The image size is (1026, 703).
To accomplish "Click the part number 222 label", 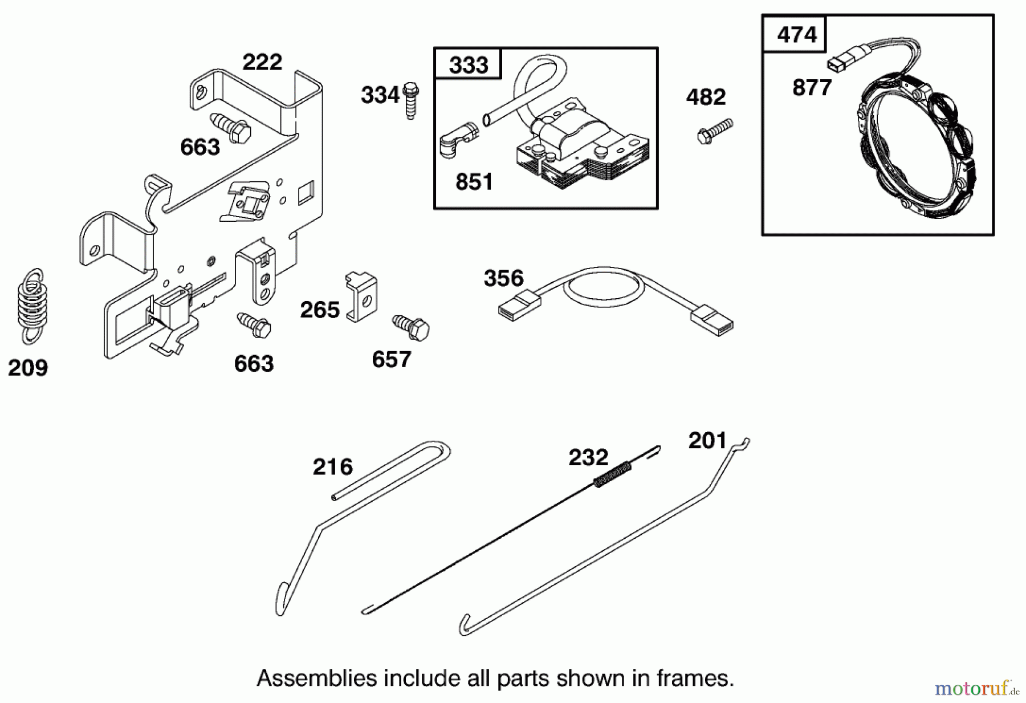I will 262,62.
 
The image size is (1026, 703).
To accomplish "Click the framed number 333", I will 468,65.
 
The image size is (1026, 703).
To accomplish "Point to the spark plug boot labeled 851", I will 457,140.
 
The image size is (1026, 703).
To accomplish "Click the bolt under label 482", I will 715,131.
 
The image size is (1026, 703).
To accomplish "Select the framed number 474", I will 796,35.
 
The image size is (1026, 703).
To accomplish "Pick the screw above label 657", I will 411,327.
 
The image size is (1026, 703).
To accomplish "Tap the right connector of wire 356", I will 712,321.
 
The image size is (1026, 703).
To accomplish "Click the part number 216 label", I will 333,467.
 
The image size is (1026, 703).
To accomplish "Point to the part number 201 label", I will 707,441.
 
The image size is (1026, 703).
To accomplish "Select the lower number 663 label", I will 254,364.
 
